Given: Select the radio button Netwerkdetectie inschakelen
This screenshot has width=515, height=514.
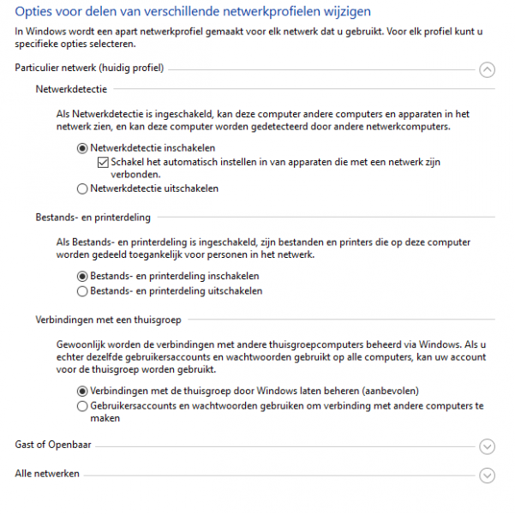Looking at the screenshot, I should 82,148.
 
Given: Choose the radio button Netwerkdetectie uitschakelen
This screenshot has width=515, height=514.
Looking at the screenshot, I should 82,188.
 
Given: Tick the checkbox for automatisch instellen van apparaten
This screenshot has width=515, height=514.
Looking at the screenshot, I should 103,162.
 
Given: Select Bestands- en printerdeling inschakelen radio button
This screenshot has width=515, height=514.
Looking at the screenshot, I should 82,277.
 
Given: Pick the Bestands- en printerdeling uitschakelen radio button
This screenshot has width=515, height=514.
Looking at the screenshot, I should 82,291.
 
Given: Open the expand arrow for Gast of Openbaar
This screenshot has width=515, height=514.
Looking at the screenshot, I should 488,446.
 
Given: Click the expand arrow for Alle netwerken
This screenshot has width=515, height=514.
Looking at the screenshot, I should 488,475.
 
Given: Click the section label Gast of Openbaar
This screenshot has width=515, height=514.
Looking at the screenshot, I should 53,445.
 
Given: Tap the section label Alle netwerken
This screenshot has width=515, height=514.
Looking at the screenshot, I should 47,474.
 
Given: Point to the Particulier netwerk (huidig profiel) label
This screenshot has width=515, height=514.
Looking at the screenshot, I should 89,68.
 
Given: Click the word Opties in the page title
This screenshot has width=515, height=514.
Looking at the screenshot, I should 35,12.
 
